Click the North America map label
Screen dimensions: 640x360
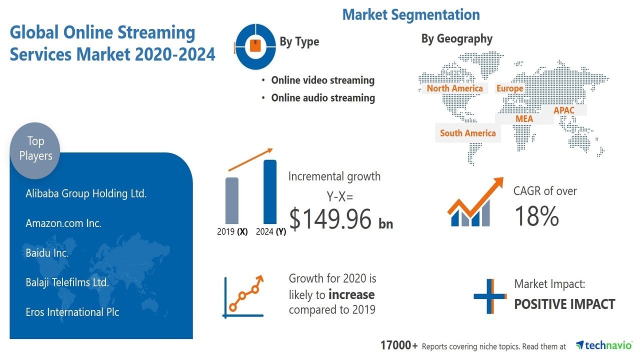point(454,88)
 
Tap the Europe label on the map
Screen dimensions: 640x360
point(509,88)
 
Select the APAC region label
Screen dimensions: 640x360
point(563,110)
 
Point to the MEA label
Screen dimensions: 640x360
point(524,119)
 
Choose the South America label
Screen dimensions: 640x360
point(467,133)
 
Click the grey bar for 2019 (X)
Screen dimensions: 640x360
point(231,201)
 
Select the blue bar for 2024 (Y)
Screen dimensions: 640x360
point(269,191)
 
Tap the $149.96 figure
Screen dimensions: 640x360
point(330,219)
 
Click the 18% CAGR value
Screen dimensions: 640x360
point(536,216)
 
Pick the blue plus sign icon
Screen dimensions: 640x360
point(489,296)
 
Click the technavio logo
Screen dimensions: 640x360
point(603,345)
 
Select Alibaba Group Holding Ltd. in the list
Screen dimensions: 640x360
point(86,193)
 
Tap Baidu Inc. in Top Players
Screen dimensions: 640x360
point(47,253)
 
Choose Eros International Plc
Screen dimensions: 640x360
point(72,312)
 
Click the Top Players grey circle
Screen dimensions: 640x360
point(35,150)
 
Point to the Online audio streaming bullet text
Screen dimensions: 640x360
point(323,98)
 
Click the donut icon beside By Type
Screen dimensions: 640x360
point(255,46)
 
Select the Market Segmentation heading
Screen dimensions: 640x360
point(411,14)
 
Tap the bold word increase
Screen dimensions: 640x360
point(351,294)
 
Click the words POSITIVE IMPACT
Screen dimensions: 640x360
point(564,304)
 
